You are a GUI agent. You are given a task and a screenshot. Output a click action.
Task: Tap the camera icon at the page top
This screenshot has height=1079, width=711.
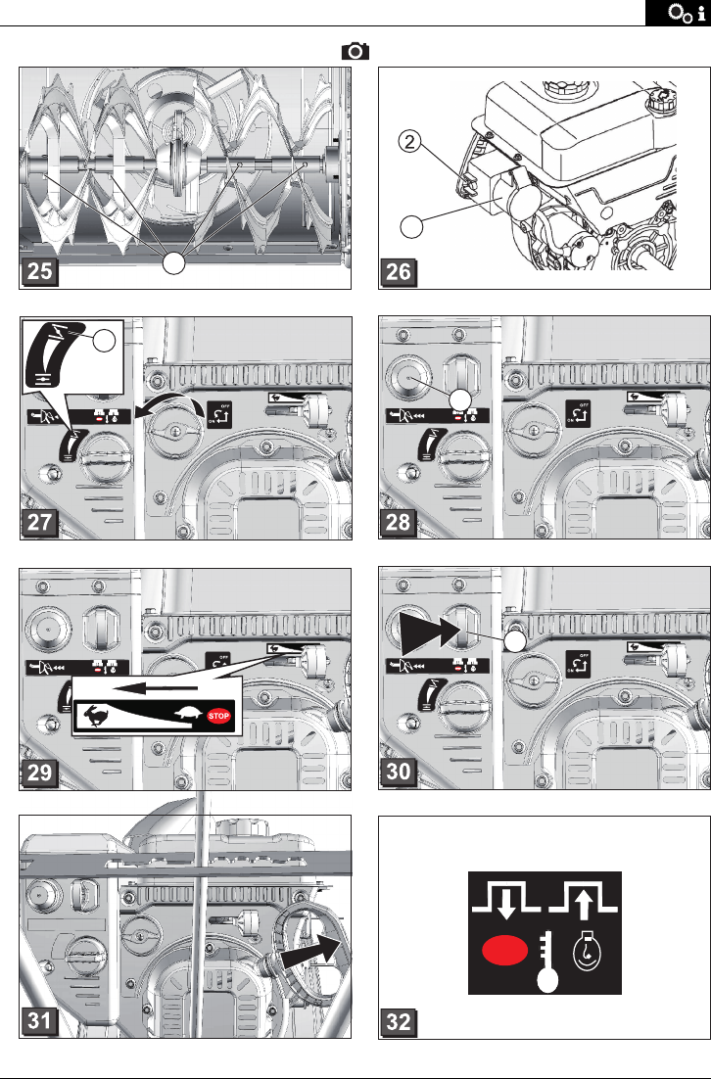(x=355, y=53)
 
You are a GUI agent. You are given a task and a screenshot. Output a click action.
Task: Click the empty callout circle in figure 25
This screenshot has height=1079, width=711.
(x=173, y=262)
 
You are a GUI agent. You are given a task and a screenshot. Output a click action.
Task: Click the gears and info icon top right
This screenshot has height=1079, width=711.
(x=678, y=13)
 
